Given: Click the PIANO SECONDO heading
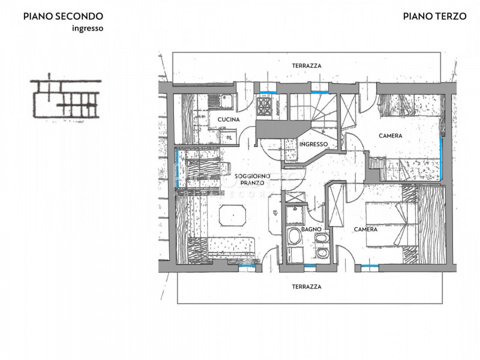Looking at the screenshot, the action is tap(63, 16).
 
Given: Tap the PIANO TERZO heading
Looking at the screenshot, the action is tap(434, 16).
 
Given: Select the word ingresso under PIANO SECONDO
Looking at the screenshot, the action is tap(88, 28).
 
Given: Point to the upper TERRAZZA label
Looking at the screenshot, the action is tap(307, 66).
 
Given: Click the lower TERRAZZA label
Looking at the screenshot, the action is tap(307, 287).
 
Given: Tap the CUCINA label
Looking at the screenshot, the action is tap(229, 119).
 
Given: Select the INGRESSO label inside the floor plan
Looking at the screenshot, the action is tap(313, 144).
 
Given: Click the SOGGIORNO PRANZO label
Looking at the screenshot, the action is tap(252, 179).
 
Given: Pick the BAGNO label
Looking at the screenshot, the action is tap(311, 229).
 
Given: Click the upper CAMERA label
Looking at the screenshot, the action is tap(391, 136).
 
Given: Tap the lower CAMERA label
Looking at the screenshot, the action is tap(365, 229).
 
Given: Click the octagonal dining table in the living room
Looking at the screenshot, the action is tap(232, 215).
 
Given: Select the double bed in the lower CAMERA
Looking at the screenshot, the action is tap(392, 224).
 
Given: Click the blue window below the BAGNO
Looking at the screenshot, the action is tap(310, 266).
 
